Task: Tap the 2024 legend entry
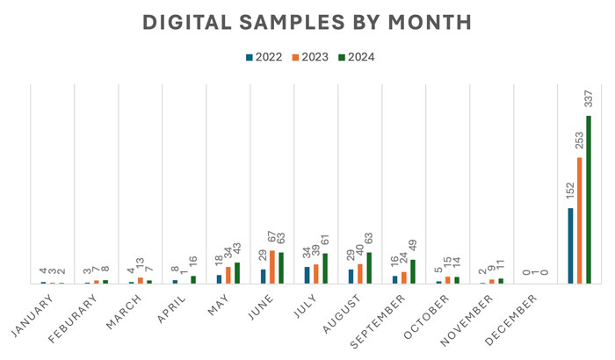[x=355, y=57]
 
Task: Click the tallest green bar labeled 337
[x=589, y=200]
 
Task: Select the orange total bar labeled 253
[x=580, y=220]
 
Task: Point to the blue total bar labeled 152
[x=570, y=246]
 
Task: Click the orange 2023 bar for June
[x=272, y=267]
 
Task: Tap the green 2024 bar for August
[x=369, y=268]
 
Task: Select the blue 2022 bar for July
[x=307, y=275]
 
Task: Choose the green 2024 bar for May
[x=237, y=273]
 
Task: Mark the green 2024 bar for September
[x=413, y=271]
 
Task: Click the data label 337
[x=589, y=99]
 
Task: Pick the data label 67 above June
[x=272, y=238]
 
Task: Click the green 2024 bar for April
[x=193, y=279]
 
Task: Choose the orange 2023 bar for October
[x=448, y=280]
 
